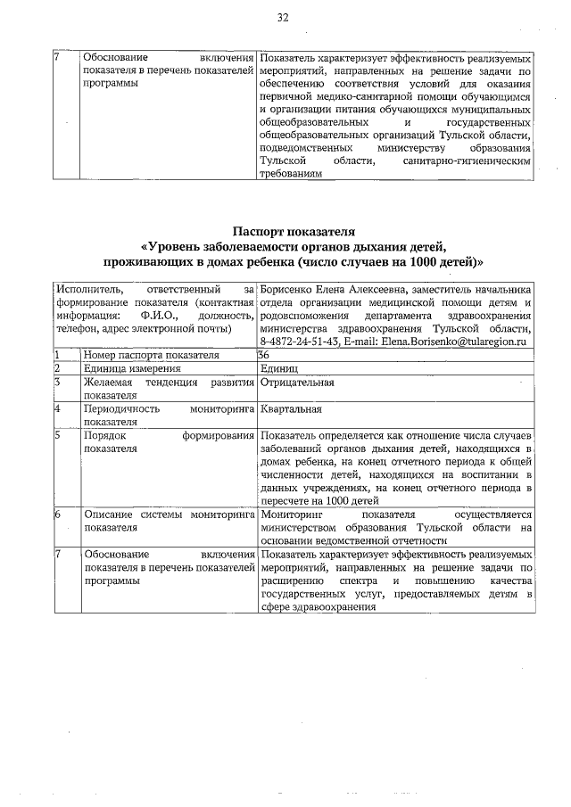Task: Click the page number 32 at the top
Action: point(284,17)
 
